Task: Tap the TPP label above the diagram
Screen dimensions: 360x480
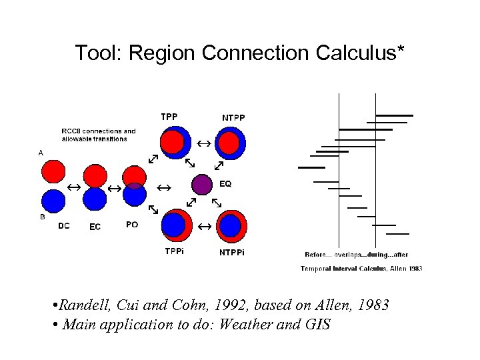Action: click(x=169, y=117)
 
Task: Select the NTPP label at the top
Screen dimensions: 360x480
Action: click(x=233, y=118)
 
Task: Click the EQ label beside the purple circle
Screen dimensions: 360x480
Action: click(x=225, y=183)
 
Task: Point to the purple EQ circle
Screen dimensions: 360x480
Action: click(x=202, y=183)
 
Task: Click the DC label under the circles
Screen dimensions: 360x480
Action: click(x=64, y=225)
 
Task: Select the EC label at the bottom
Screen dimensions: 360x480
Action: click(x=95, y=227)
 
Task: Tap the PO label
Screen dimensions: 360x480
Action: click(x=132, y=225)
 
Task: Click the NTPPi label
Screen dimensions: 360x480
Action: click(x=232, y=252)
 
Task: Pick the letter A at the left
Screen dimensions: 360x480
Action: click(x=41, y=153)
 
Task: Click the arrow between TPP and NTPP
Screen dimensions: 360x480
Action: click(x=203, y=143)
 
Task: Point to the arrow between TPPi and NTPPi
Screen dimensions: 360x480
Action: click(x=203, y=227)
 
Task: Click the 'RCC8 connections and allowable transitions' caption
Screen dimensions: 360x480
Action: click(x=98, y=135)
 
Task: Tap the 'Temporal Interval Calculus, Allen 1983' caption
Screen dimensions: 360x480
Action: click(x=361, y=269)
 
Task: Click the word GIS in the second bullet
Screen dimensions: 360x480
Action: click(x=317, y=326)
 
